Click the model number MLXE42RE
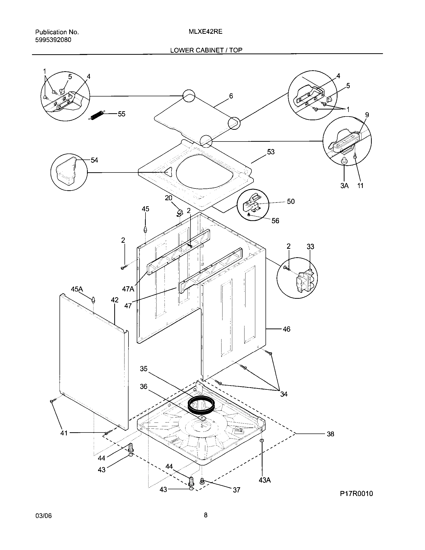[205, 32]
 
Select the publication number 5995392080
[53, 40]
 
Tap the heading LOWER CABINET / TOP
[206, 50]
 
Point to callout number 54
[94, 160]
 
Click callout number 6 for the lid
[231, 96]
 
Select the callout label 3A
[344, 185]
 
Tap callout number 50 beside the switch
[290, 201]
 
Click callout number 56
[275, 220]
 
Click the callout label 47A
[128, 289]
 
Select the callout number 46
[286, 329]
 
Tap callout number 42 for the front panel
[114, 300]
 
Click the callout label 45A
[77, 289]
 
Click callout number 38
[330, 434]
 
